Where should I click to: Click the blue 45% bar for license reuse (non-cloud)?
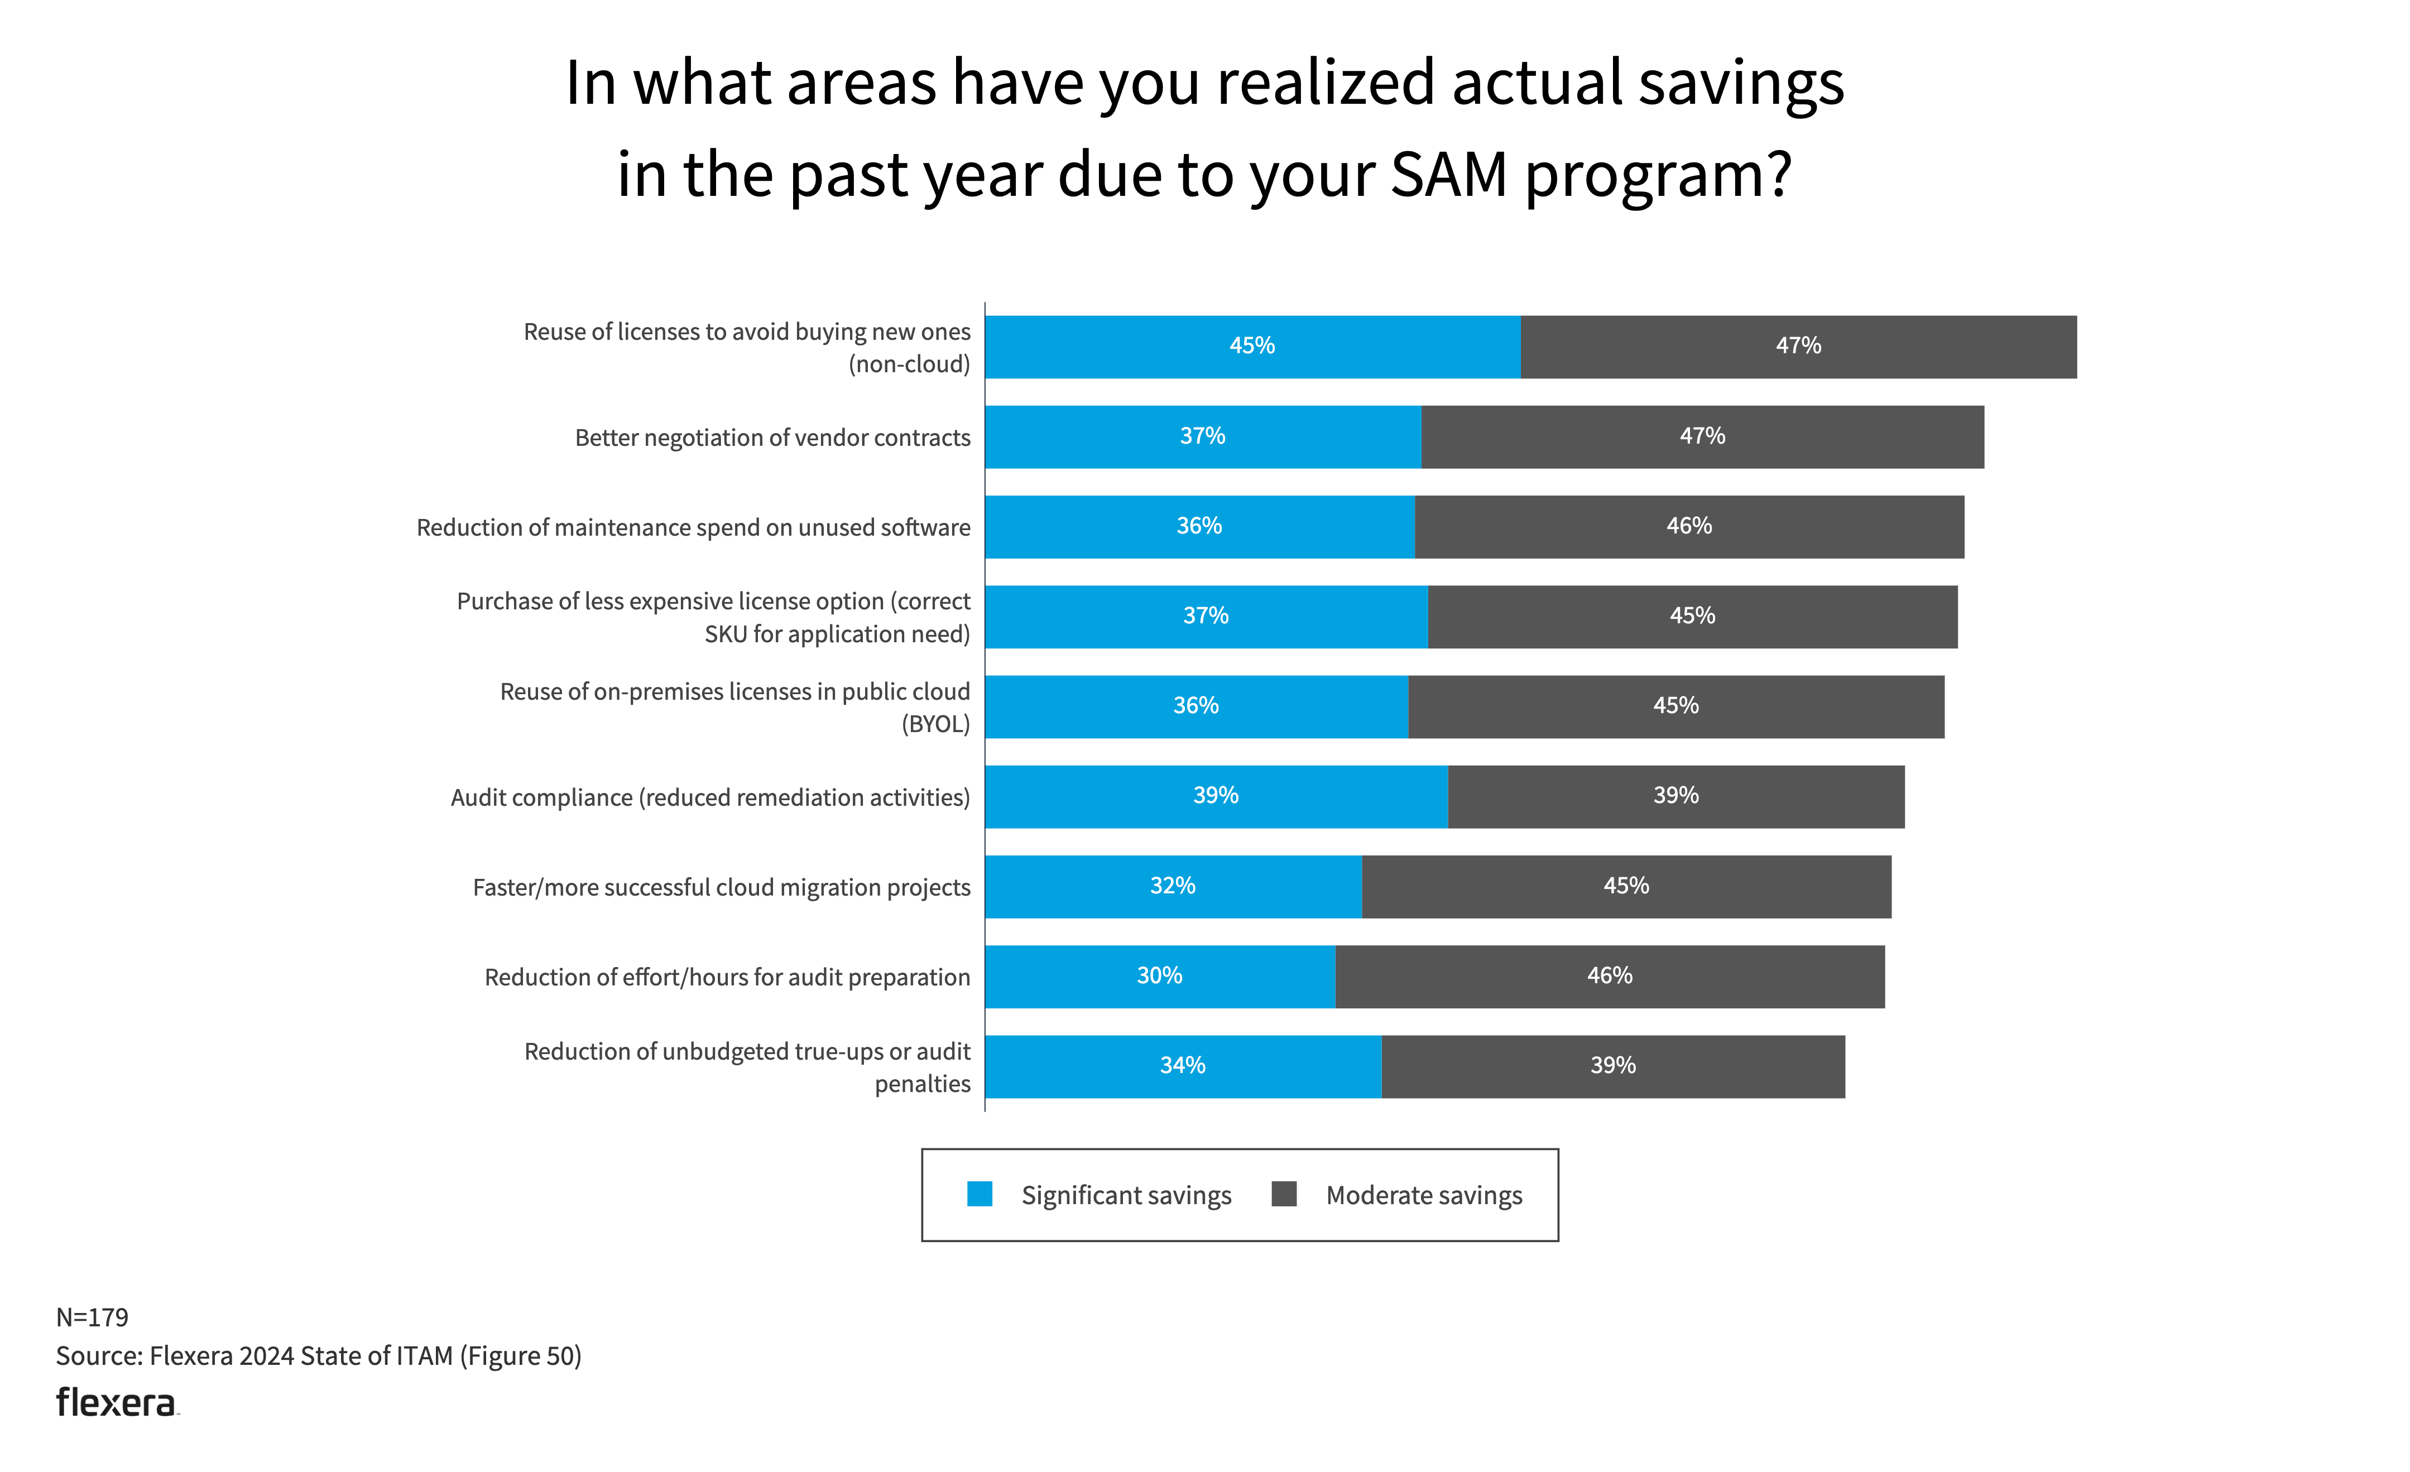tap(1252, 346)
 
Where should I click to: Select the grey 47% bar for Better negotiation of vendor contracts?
tap(1702, 436)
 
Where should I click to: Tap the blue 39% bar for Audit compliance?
tap(1216, 796)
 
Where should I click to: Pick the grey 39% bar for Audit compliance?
tap(1676, 796)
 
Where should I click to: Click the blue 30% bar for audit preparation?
tap(1160, 976)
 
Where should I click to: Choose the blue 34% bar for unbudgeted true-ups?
tap(1183, 1066)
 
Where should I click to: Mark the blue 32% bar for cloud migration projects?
tap(1173, 886)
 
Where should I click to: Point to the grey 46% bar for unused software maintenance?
tap(1689, 526)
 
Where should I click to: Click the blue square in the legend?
tap(979, 1194)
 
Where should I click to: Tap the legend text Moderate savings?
tap(1424, 1195)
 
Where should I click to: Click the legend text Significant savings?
tap(1126, 1195)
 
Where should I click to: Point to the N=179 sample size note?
tap(92, 1317)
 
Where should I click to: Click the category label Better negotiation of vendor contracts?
tap(772, 437)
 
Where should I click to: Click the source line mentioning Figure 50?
tap(319, 1355)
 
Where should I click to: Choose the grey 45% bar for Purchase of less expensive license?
tap(1692, 616)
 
